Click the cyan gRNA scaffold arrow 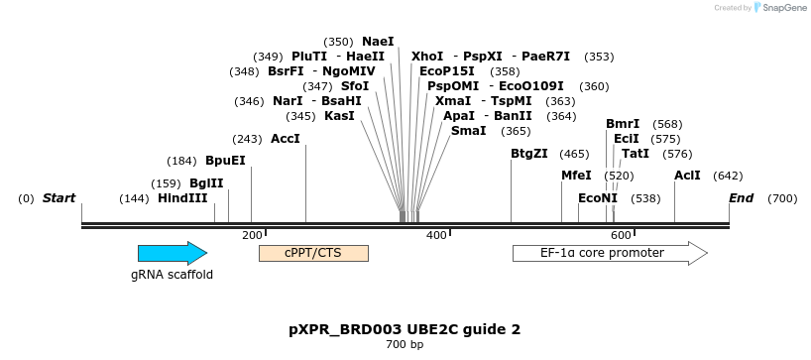point(172,253)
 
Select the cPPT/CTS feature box point(313,253)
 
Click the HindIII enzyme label point(182,198)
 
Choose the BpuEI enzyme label point(225,161)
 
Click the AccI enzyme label point(285,139)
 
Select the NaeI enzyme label point(378,42)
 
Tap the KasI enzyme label point(339,116)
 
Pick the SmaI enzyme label point(468,131)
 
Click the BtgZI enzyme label point(528,154)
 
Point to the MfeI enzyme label point(576,176)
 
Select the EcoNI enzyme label point(598,198)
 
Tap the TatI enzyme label point(636,154)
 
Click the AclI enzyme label point(687,176)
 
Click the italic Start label point(58,198)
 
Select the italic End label point(741,198)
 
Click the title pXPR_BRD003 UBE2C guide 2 point(405,328)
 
